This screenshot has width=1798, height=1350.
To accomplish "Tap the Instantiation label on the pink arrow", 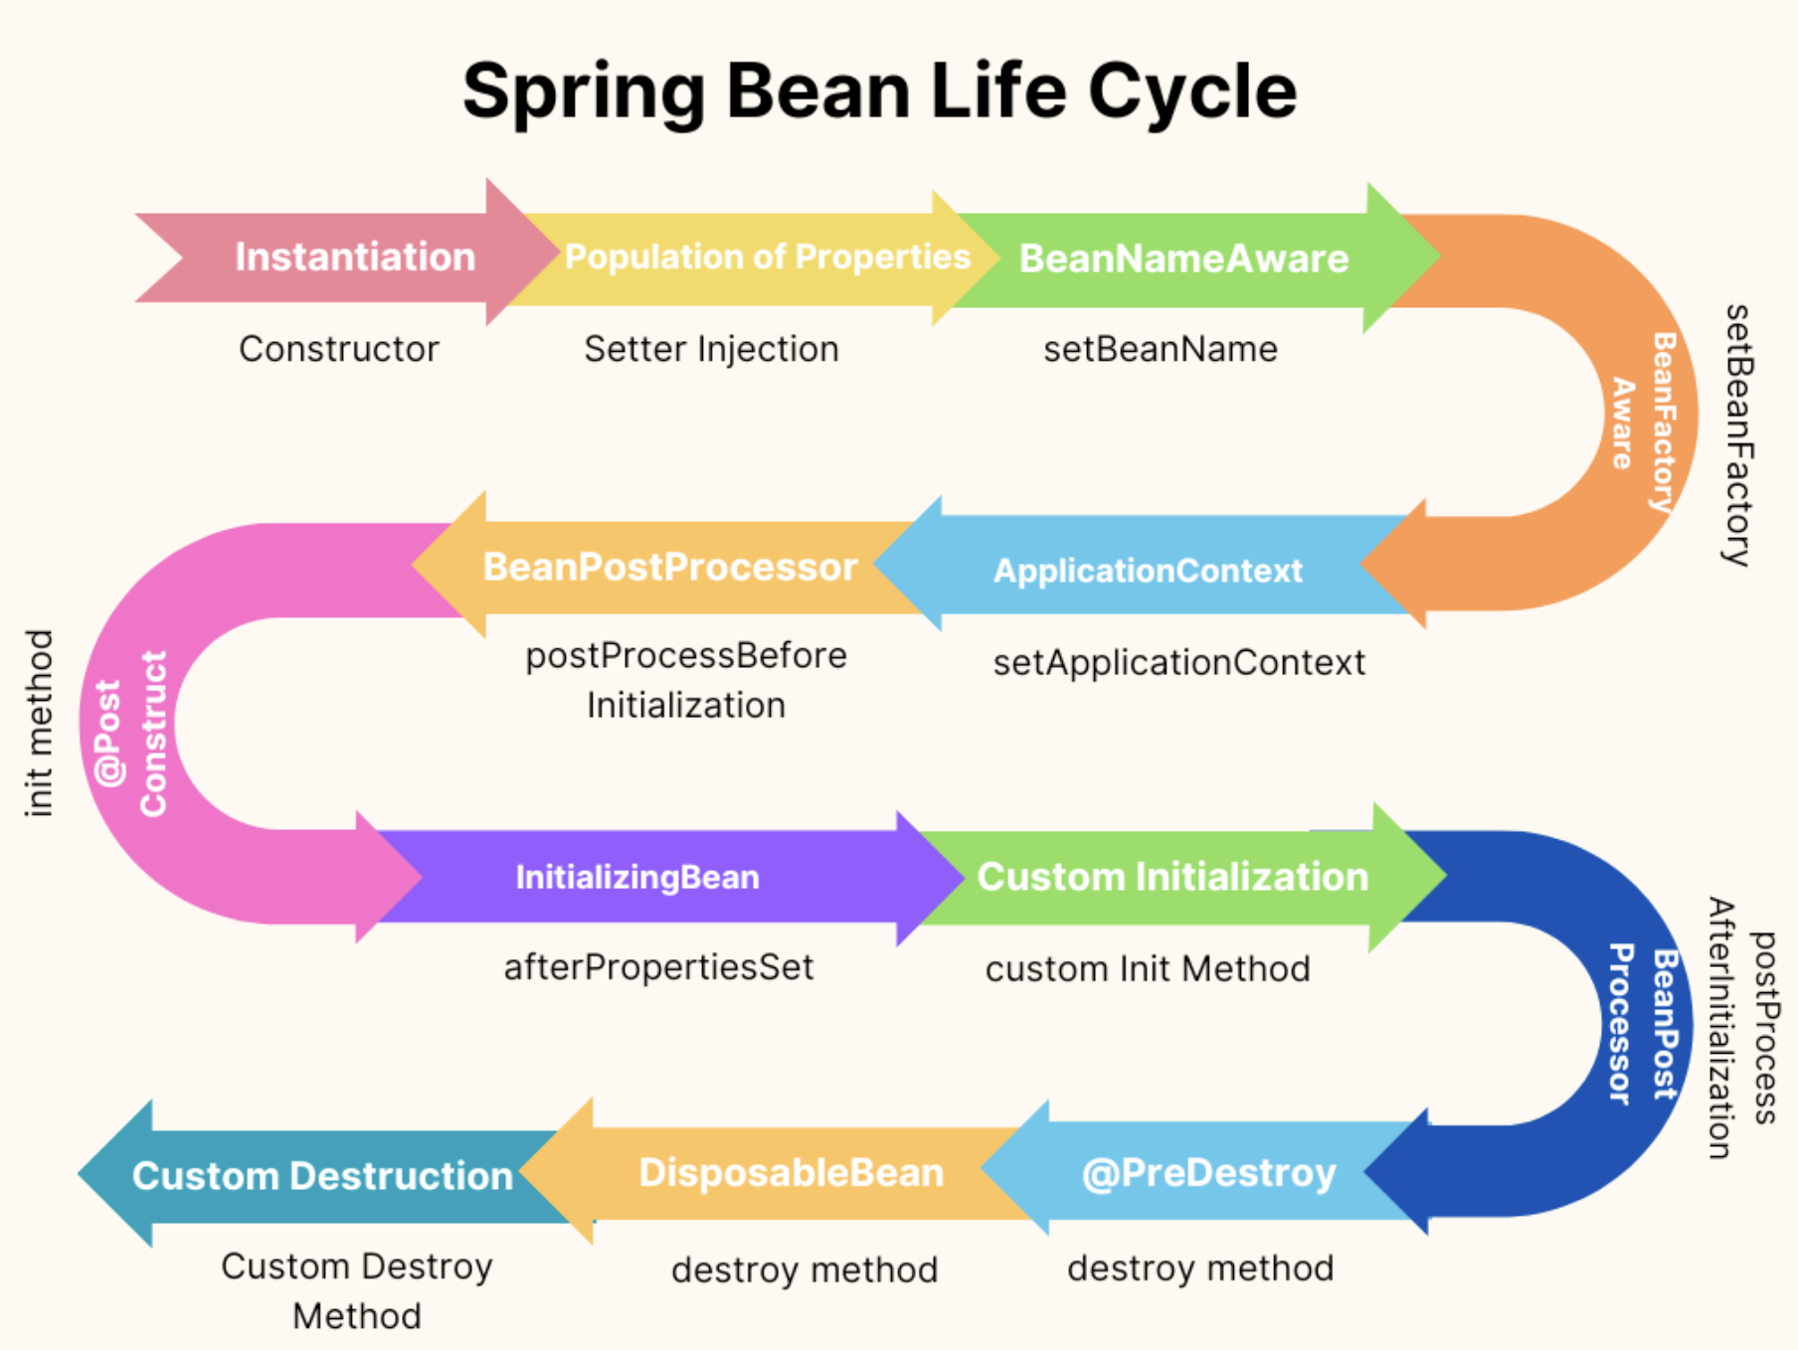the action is tap(355, 256).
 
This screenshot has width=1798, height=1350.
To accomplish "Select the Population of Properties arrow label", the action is tap(767, 256).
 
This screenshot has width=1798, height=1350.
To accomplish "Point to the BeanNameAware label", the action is tap(1183, 258).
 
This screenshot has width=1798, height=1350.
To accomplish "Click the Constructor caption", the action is tap(338, 349).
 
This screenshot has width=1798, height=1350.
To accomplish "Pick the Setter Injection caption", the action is tap(711, 349).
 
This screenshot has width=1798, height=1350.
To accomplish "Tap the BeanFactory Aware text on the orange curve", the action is tap(1643, 422).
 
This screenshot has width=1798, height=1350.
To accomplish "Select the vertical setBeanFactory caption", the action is tap(1737, 434).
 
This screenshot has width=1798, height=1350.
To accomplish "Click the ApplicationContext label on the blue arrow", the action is tap(1148, 571).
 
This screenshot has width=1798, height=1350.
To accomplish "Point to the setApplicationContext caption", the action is tap(1178, 662).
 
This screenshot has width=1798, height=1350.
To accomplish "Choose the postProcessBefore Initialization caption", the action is tap(686, 680).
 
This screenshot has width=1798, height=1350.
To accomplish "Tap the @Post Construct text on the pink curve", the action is tap(131, 734).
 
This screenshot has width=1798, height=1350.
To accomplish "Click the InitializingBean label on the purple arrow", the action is tap(636, 877).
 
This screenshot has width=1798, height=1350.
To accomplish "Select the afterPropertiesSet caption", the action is tap(658, 966).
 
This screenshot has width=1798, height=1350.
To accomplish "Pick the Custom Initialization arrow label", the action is tap(1172, 877).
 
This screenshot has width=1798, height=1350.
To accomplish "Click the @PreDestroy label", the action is tap(1208, 1173).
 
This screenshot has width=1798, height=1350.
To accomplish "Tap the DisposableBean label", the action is tap(791, 1173).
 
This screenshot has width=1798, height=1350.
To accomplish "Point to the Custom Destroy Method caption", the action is tap(357, 1290).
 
